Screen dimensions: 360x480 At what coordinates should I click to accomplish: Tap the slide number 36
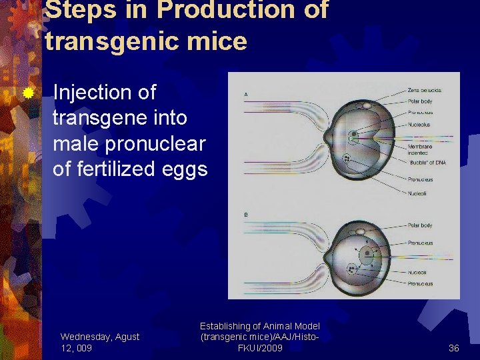pyautogui.click(x=454, y=348)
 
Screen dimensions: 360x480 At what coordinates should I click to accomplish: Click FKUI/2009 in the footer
pyautogui.click(x=260, y=348)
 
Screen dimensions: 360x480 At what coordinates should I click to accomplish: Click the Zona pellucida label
pyautogui.click(x=425, y=90)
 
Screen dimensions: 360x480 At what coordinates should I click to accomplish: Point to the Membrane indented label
pyautogui.click(x=420, y=149)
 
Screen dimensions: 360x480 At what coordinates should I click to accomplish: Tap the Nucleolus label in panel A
pyautogui.click(x=419, y=125)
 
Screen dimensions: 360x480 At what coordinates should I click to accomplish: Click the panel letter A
pyautogui.click(x=246, y=95)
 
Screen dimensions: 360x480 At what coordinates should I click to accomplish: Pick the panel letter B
pyautogui.click(x=246, y=215)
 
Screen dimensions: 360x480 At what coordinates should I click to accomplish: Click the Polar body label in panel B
pyautogui.click(x=420, y=226)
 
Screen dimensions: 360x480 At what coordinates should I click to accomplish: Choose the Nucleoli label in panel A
pyautogui.click(x=418, y=193)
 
